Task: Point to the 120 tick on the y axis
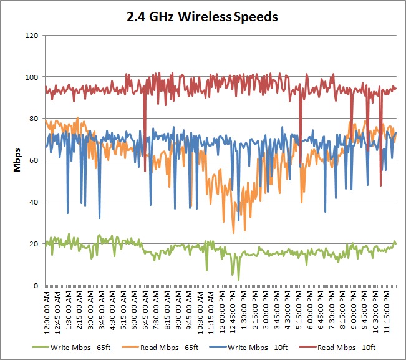click(32, 36)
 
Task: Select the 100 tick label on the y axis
click(32, 77)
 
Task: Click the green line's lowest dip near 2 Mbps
click(238, 280)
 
